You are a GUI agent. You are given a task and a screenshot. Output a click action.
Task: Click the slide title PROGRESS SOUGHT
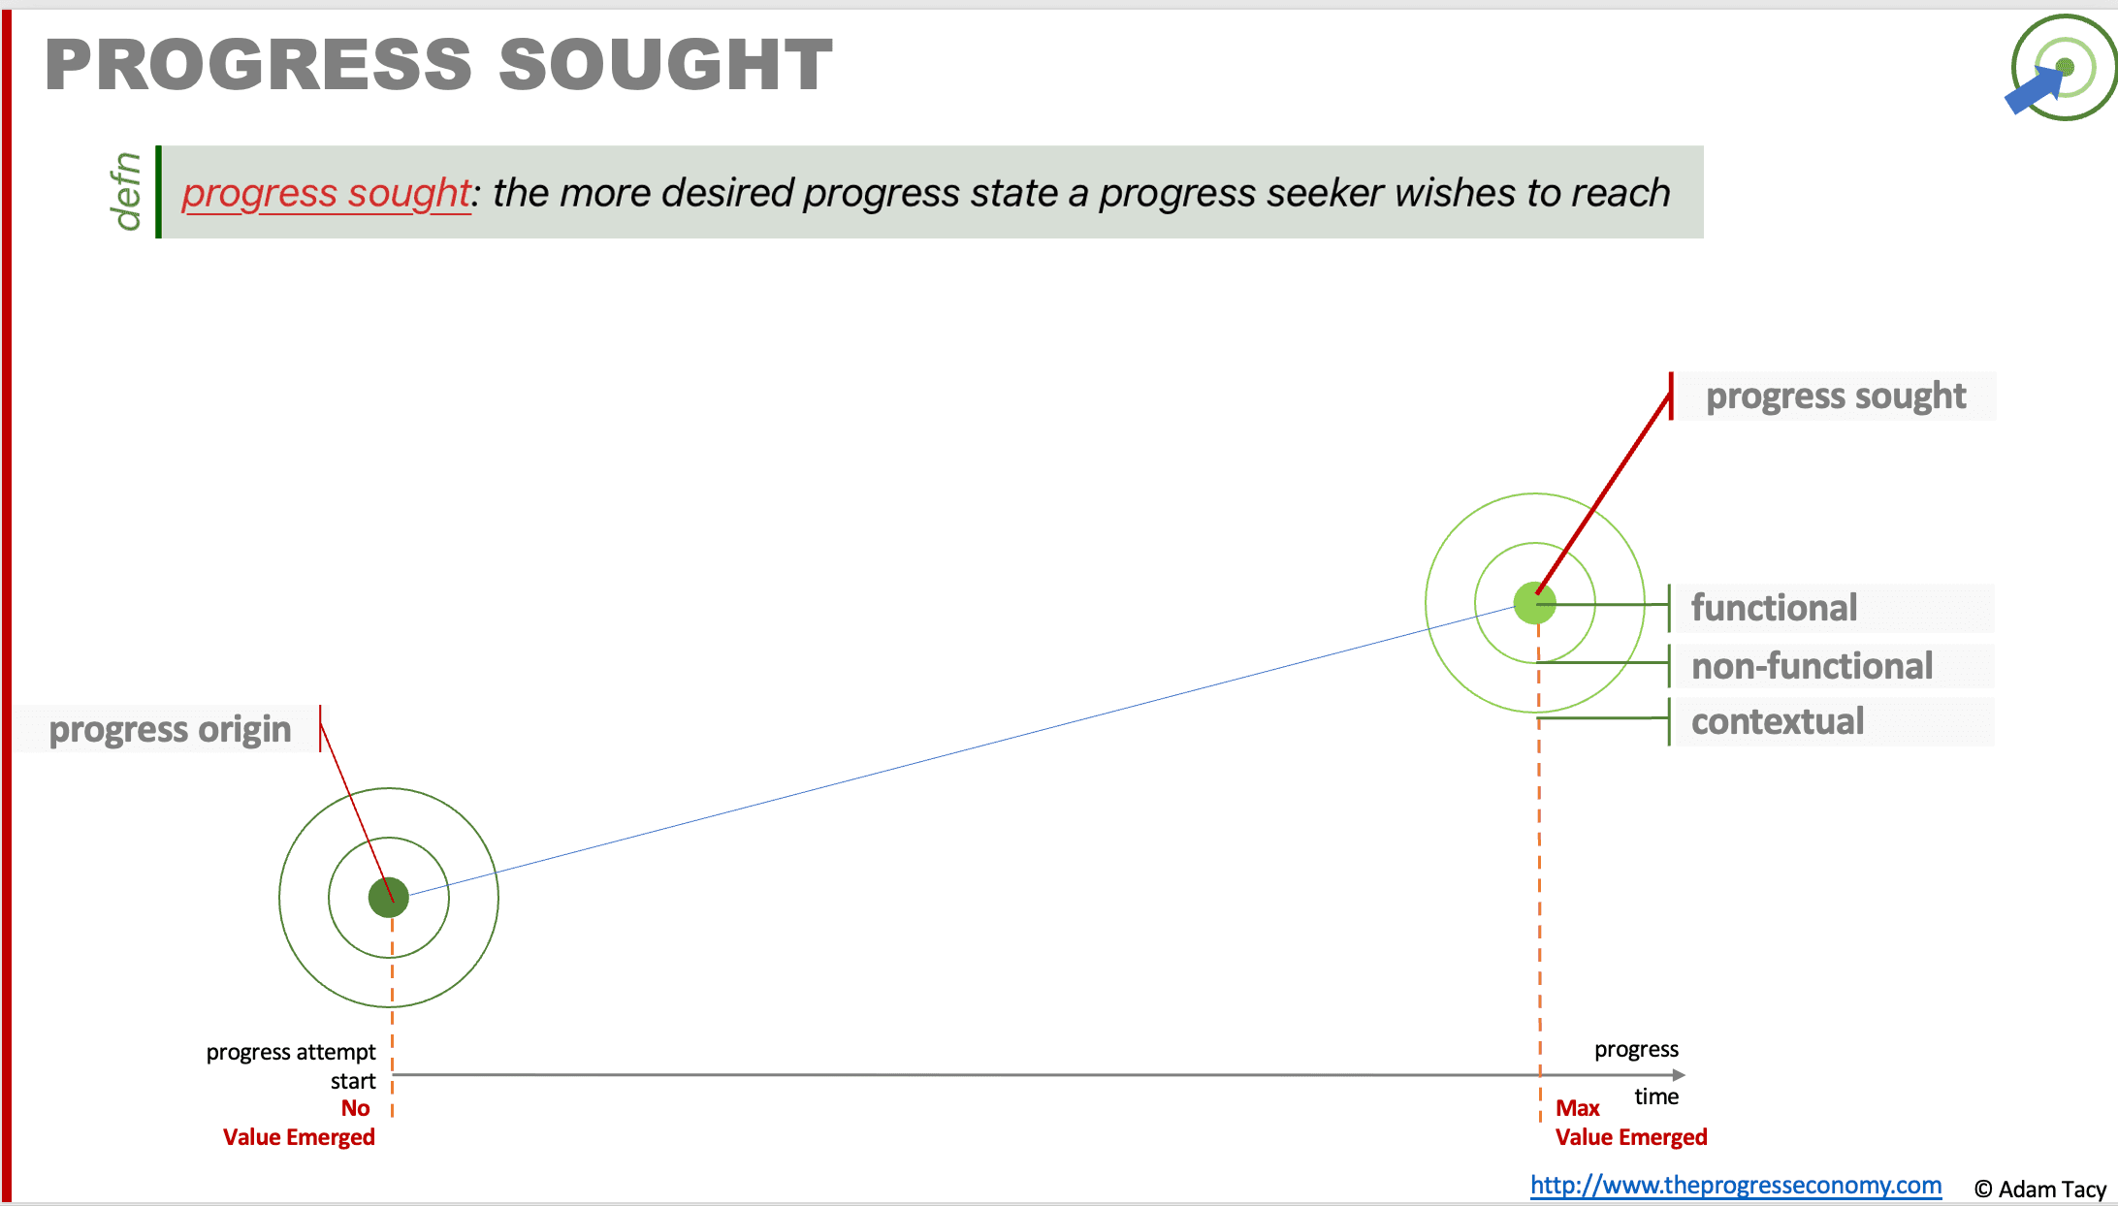(x=438, y=65)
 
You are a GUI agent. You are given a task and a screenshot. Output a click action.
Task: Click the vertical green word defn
(x=127, y=192)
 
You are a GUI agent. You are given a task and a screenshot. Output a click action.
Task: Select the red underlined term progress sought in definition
(x=326, y=193)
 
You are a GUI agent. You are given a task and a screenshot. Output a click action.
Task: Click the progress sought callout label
(x=1836, y=396)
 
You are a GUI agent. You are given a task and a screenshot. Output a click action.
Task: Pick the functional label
(x=1774, y=608)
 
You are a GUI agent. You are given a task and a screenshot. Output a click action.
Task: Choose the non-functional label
(x=1812, y=666)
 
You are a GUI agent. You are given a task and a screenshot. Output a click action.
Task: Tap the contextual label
(x=1778, y=721)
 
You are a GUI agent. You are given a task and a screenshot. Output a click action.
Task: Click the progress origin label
(x=170, y=729)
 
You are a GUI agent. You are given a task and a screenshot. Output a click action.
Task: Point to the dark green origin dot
(x=389, y=898)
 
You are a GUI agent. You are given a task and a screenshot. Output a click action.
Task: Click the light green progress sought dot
(x=1535, y=604)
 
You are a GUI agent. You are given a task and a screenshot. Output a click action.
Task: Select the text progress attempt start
(x=291, y=1066)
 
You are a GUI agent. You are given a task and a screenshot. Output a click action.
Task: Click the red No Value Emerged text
(x=299, y=1123)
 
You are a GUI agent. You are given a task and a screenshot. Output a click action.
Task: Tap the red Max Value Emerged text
(x=1631, y=1123)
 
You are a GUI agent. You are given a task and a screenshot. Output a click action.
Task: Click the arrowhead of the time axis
(x=1679, y=1075)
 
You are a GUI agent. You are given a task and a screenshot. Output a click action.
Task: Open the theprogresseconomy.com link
(x=1736, y=1185)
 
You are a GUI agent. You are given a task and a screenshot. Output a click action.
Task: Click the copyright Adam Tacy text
(x=2040, y=1190)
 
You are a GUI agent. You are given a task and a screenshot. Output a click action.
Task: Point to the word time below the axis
(x=1656, y=1096)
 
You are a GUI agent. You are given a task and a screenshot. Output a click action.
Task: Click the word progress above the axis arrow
(x=1636, y=1050)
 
